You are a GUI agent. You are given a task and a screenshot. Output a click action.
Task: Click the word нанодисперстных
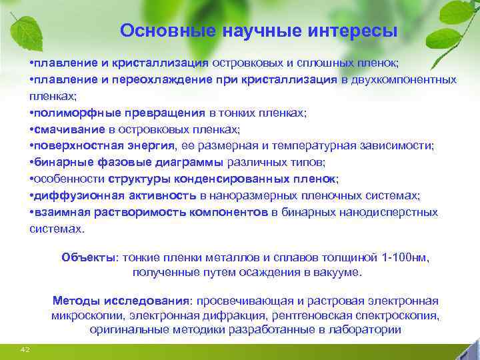pyautogui.click(x=394, y=213)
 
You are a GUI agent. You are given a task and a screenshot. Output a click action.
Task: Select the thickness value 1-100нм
pyautogui.click(x=407, y=257)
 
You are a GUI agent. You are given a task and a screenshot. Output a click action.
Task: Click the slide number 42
pyautogui.click(x=25, y=349)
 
